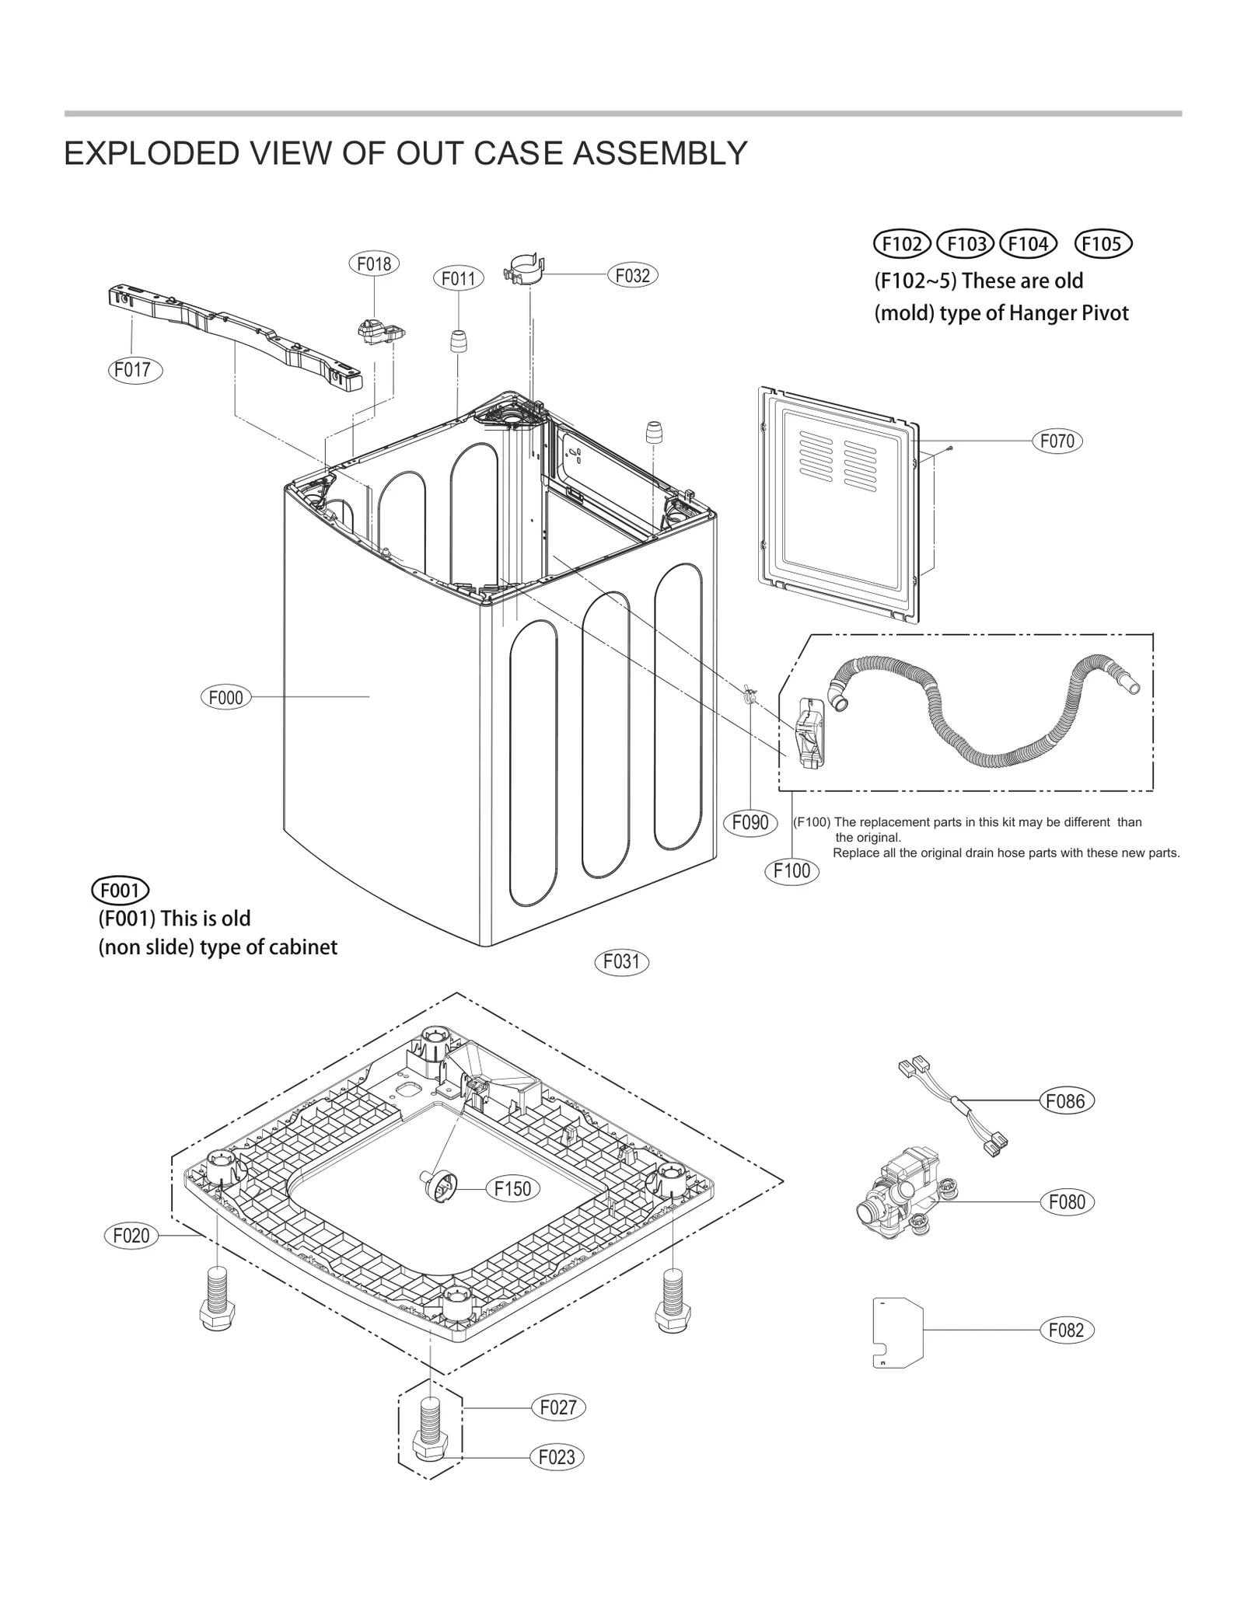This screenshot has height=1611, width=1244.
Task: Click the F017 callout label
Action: (x=134, y=369)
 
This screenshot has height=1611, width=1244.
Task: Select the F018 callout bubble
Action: (x=374, y=264)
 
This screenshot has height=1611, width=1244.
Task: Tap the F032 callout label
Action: (x=632, y=275)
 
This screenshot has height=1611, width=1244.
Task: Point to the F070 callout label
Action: (x=1057, y=441)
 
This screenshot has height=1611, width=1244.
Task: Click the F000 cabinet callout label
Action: (x=226, y=697)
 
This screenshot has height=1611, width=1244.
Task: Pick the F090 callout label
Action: (x=750, y=822)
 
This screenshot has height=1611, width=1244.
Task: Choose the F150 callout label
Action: (x=512, y=1188)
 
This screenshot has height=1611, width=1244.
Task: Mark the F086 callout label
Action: (x=1066, y=1100)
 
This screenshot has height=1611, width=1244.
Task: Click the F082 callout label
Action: (x=1066, y=1330)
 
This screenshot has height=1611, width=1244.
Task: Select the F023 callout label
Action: (x=557, y=1457)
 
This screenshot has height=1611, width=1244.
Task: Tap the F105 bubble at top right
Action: (x=1102, y=244)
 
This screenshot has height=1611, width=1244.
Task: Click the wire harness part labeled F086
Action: (x=955, y=1104)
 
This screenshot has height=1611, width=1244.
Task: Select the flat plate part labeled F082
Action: (x=898, y=1331)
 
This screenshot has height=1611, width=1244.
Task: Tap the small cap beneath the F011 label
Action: (x=460, y=340)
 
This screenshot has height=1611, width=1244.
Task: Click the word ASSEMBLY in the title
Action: (x=660, y=154)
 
